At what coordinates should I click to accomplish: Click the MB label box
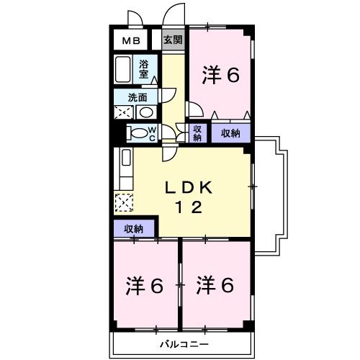(130, 41)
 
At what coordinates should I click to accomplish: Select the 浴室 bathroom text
(144, 69)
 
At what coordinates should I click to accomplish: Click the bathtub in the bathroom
(124, 71)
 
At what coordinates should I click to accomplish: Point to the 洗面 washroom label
(138, 96)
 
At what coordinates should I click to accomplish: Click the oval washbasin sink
(145, 112)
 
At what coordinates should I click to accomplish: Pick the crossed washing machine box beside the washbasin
(124, 112)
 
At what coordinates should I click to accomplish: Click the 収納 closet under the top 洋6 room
(230, 132)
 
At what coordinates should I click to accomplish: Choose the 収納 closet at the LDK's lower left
(134, 229)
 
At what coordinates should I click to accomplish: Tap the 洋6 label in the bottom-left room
(145, 285)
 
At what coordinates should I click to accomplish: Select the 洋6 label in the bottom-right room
(216, 285)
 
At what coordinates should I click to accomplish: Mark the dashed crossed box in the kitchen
(123, 203)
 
